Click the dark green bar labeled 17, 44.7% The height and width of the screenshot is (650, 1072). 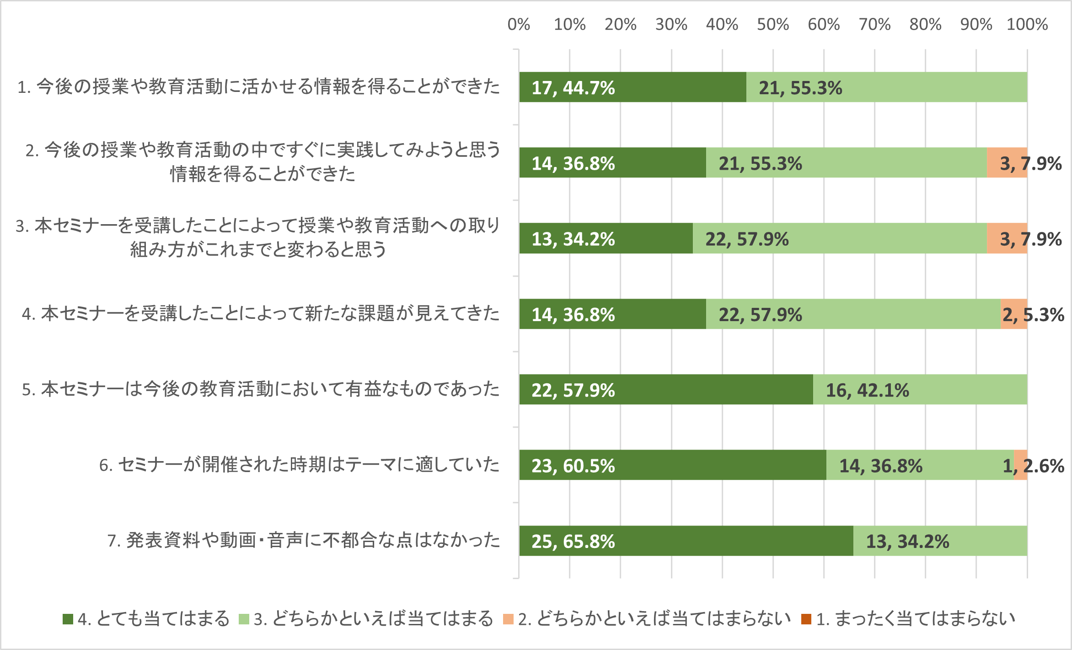click(x=632, y=87)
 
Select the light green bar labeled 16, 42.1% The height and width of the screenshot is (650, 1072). click(x=920, y=389)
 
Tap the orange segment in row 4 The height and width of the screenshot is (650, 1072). click(x=1013, y=314)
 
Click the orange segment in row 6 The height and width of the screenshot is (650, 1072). click(x=1020, y=465)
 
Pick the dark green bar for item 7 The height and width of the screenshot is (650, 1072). click(x=686, y=541)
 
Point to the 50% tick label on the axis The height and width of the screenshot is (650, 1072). click(x=773, y=24)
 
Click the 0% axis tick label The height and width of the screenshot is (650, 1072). click(x=519, y=24)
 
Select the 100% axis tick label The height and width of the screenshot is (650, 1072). click(x=1027, y=24)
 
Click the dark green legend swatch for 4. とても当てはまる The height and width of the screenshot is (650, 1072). click(x=68, y=619)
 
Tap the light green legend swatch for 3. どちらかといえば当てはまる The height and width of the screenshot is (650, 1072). click(x=244, y=619)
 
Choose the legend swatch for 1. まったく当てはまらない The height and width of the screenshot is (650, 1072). click(x=806, y=619)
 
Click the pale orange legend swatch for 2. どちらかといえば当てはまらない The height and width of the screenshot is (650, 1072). click(x=508, y=619)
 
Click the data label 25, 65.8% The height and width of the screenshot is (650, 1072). click(x=573, y=542)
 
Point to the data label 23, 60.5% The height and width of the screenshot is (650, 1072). click(x=573, y=466)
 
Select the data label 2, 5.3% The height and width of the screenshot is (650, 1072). click(x=1033, y=315)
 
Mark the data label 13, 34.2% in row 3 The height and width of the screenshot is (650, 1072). click(x=573, y=239)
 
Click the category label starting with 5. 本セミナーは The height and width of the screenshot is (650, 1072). click(x=261, y=389)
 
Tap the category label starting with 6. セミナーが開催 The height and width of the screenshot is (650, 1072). click(x=299, y=465)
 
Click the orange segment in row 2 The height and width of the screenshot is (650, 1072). click(x=1007, y=162)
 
